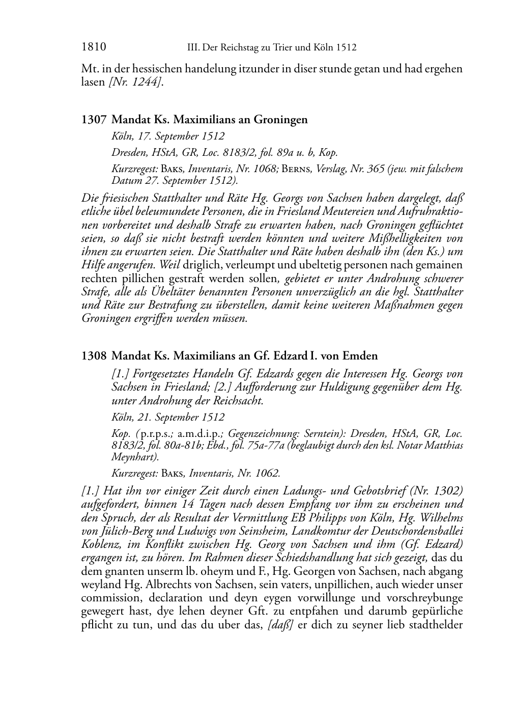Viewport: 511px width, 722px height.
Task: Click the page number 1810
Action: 93,48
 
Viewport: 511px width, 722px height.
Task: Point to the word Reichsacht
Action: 237,401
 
